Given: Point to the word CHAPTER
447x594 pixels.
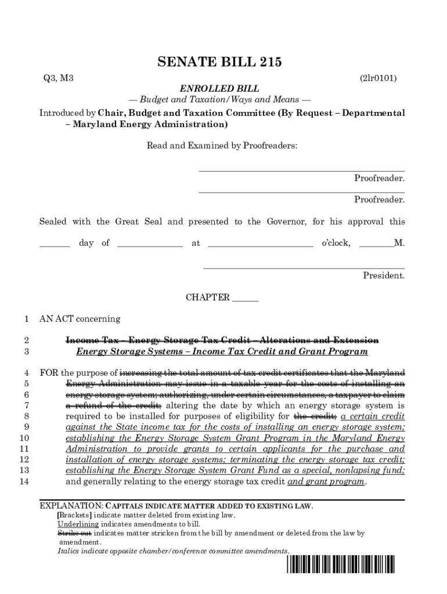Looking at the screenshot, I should coord(207,298).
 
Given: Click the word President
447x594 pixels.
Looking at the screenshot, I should coord(384,276).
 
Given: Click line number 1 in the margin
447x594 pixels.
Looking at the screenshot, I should coord(26,319).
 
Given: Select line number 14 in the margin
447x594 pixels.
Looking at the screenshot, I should coord(24,481).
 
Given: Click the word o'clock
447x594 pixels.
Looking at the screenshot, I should coord(336,244).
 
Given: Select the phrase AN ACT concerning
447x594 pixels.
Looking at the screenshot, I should coord(80,319).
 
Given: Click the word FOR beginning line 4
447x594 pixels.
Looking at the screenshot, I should coord(49,373).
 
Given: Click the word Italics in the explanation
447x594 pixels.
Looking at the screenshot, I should coord(69,551).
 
